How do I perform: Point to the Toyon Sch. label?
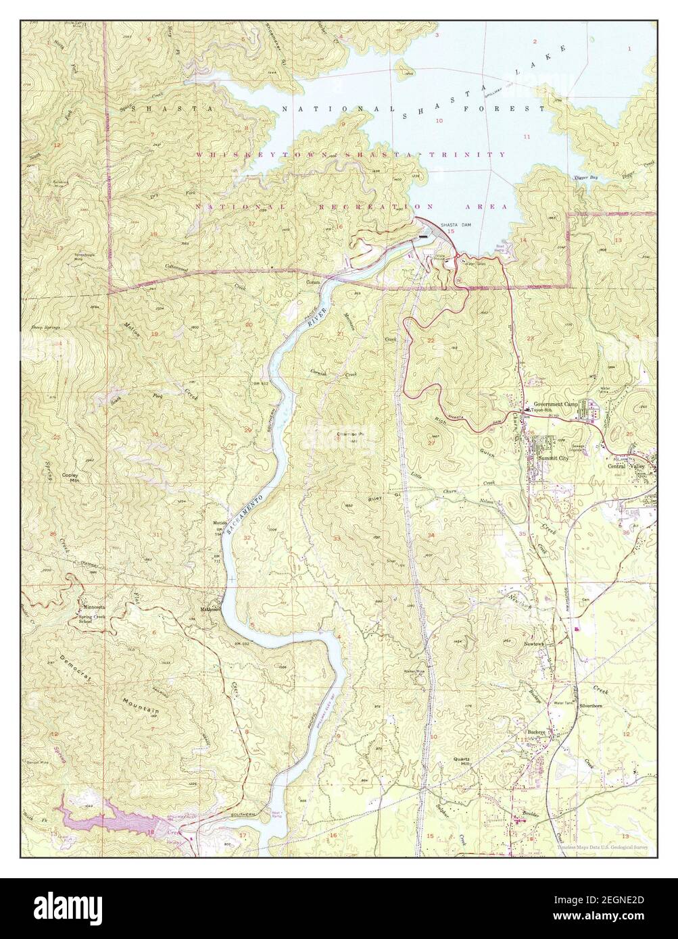pos(541,410)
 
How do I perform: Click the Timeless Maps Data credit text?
pos(602,846)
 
